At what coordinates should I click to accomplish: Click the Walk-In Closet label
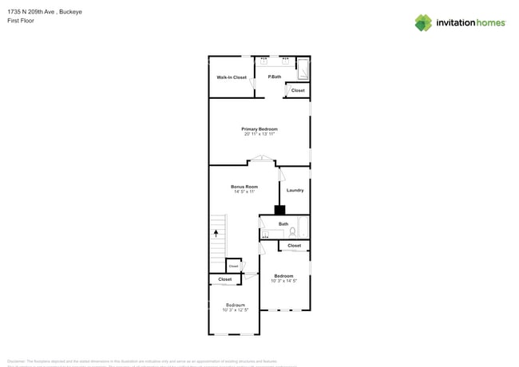pos(232,77)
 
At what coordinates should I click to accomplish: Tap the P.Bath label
pos(274,77)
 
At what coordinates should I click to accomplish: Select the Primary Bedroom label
pos(259,128)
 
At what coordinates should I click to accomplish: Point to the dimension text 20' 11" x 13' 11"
pos(259,134)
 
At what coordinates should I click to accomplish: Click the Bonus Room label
pos(244,187)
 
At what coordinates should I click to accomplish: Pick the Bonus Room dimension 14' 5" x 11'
pos(244,191)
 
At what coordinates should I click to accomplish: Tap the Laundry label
pos(295,190)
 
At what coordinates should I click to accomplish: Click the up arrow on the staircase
pos(215,233)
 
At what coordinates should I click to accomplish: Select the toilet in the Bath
pos(293,232)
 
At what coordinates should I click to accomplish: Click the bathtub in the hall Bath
pos(304,228)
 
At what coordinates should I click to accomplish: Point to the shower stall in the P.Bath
pos(303,69)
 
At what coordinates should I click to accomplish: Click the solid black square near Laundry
pos(279,211)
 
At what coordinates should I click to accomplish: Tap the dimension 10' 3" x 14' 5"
pos(283,281)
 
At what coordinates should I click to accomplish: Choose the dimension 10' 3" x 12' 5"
pos(235,310)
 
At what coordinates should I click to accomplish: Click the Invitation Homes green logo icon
pos(422,22)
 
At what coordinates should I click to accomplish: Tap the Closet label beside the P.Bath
pos(297,90)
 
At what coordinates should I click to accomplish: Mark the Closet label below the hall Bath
pos(294,246)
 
